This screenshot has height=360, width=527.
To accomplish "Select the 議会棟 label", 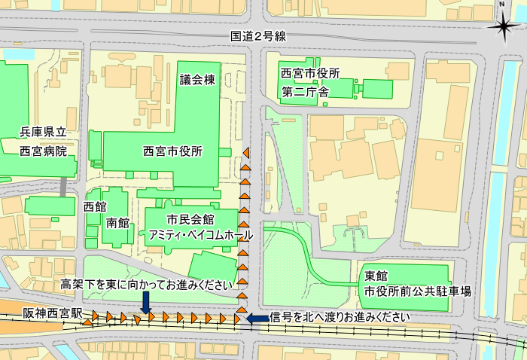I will pos(198,80).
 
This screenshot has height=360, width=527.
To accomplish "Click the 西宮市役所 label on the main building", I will pos(172,151).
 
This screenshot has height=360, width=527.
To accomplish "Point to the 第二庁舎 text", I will pos(305,93).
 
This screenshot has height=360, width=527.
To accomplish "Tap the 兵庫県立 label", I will pos(44,133).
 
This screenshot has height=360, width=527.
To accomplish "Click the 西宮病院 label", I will pos(44,151).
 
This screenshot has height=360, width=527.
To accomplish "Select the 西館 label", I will pos(95,206).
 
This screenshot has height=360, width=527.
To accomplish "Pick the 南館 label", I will pos(118,223).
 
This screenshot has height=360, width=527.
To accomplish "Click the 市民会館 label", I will pos(191,219).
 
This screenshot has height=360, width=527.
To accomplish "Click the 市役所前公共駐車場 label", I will pos(418,291).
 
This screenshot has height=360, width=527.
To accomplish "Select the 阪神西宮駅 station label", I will pos(52,312).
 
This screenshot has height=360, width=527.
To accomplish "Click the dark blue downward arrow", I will pos(145,301).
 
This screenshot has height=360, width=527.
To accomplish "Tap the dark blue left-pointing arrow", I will pos(257,319).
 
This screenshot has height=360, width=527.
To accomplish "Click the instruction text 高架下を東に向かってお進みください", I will pos(144,285).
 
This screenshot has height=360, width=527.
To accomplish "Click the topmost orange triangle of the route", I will pos(245,153).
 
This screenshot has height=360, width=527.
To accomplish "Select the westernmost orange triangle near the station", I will pos(88,322).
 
